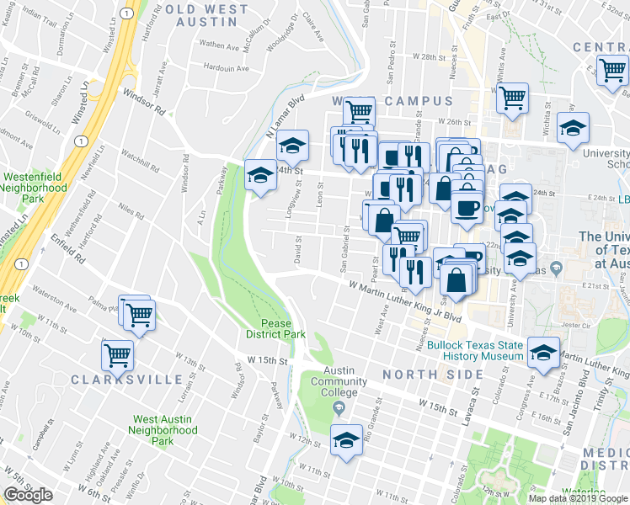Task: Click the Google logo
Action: [28, 495]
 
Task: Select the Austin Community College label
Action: [338, 381]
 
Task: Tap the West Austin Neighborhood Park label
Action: [165, 429]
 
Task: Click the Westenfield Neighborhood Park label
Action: [34, 189]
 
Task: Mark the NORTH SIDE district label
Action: [422, 374]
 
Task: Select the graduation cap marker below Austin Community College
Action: [346, 439]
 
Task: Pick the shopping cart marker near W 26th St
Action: [511, 98]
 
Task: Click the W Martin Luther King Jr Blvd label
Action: [406, 301]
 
